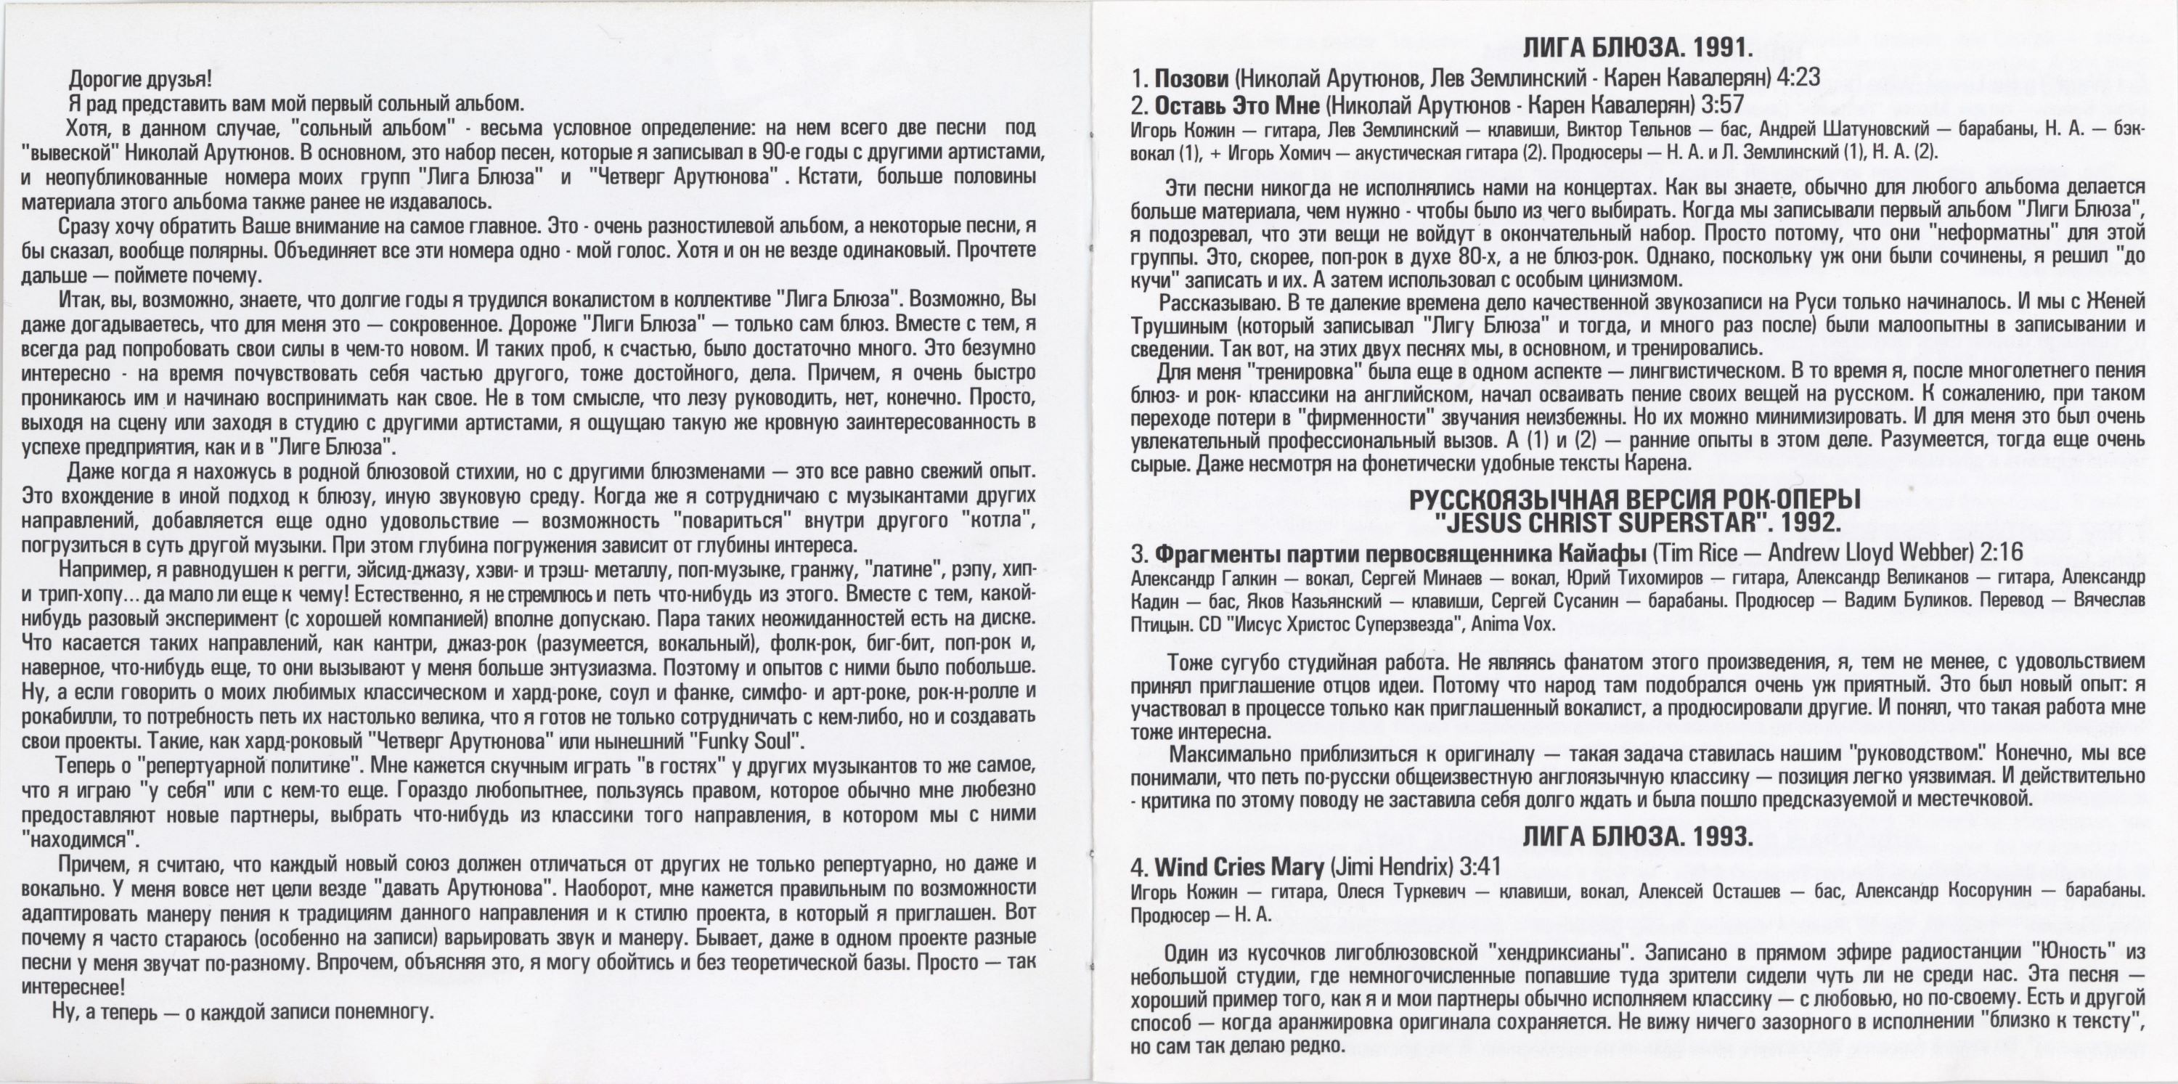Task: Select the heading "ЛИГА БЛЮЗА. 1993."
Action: (x=1637, y=836)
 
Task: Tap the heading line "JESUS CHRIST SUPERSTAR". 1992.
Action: (x=1638, y=523)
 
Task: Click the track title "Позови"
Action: (x=1191, y=78)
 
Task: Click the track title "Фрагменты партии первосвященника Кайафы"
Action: (x=1399, y=553)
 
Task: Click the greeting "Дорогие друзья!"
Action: (x=139, y=79)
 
